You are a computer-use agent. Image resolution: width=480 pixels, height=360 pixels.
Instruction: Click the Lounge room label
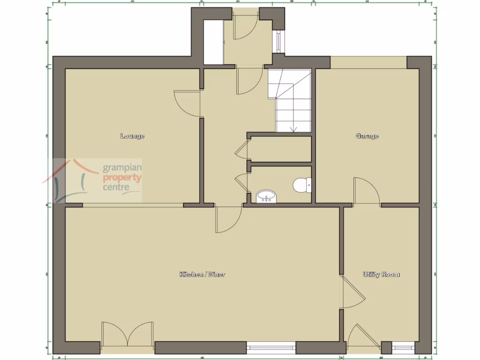132,136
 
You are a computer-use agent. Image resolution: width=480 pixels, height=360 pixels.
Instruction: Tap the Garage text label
367,136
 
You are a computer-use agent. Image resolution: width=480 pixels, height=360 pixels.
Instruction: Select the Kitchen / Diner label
202,274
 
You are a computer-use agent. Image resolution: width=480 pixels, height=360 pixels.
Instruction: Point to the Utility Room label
381,274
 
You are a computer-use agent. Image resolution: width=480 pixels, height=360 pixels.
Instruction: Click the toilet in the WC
300,186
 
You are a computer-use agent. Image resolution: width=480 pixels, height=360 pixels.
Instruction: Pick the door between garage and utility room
367,191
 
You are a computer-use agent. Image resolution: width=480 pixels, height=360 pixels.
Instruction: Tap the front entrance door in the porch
244,26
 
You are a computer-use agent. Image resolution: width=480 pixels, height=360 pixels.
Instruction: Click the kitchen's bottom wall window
271,348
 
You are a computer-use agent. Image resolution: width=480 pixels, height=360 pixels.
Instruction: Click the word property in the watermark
122,178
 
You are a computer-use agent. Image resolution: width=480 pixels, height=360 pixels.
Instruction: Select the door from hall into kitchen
228,219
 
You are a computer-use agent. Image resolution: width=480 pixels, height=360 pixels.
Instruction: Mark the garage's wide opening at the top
368,62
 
